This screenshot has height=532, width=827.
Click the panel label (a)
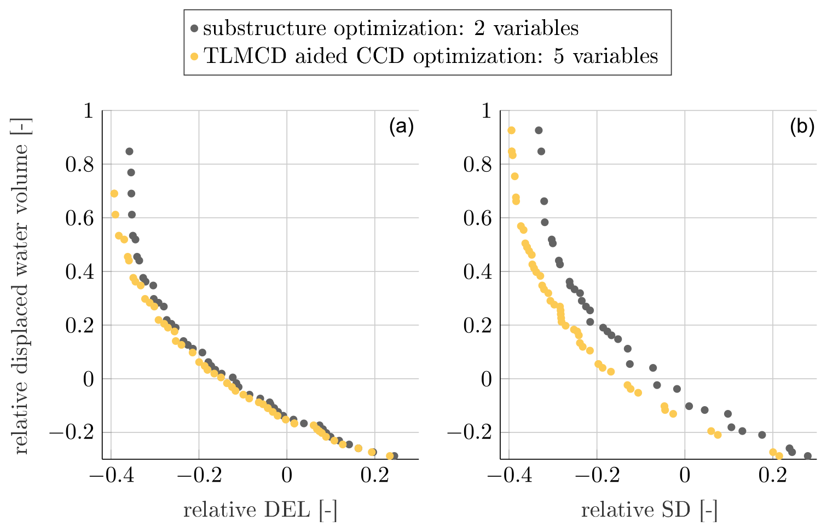pyautogui.click(x=401, y=127)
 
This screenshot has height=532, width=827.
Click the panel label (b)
pyautogui.click(x=802, y=127)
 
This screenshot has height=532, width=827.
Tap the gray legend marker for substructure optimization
pyautogui.click(x=194, y=28)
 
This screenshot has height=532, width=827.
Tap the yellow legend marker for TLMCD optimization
pyautogui.click(x=194, y=56)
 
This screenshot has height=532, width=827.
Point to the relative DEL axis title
pyautogui.click(x=260, y=510)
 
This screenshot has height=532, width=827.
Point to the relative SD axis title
pyautogui.click(x=649, y=510)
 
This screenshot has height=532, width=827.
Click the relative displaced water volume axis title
pyautogui.click(x=21, y=285)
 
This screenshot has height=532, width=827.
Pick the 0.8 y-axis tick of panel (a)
pyautogui.click(x=79, y=165)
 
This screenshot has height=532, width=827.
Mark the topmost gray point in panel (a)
pyautogui.click(x=129, y=152)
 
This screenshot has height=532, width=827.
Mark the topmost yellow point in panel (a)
pyautogui.click(x=114, y=194)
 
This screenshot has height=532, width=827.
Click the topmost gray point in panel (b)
pyautogui.click(x=539, y=130)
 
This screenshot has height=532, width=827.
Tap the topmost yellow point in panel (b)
pyautogui.click(x=511, y=130)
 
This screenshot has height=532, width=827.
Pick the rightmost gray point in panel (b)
pyautogui.click(x=807, y=456)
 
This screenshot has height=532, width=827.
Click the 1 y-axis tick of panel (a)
pyautogui.click(x=88, y=112)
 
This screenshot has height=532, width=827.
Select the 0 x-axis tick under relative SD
pyautogui.click(x=685, y=476)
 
